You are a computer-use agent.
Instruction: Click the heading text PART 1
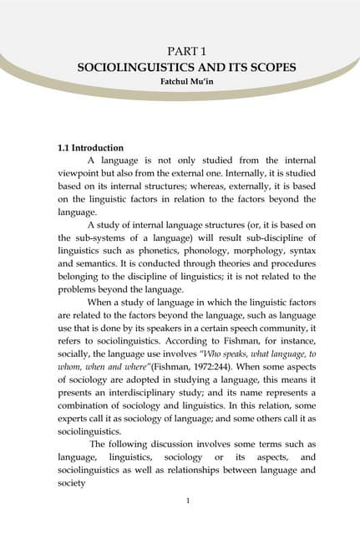coord(180,51)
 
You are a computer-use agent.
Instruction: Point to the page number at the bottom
coord(180,500)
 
